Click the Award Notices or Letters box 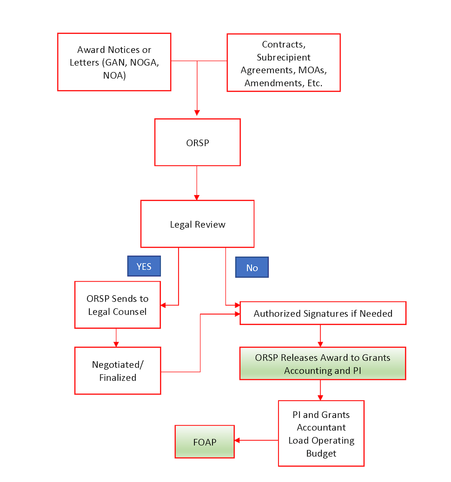[x=114, y=62]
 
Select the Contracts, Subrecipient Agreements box [x=283, y=63]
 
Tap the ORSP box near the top [x=197, y=142]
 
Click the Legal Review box [x=197, y=224]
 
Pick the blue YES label [x=144, y=266]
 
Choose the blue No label [x=252, y=267]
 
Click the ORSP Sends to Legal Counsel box [x=118, y=305]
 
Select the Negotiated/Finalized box [x=118, y=371]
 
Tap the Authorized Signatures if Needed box [x=323, y=313]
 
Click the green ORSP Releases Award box [x=323, y=364]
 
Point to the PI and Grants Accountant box [x=321, y=433]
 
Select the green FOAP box [x=205, y=442]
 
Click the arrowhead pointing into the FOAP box [x=237, y=440]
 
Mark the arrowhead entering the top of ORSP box [x=197, y=113]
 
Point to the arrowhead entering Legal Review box [x=197, y=197]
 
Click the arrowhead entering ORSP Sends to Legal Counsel [x=163, y=305]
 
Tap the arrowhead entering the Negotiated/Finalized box [x=116, y=344]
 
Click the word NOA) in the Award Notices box [x=114, y=75]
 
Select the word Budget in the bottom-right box [x=321, y=453]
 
